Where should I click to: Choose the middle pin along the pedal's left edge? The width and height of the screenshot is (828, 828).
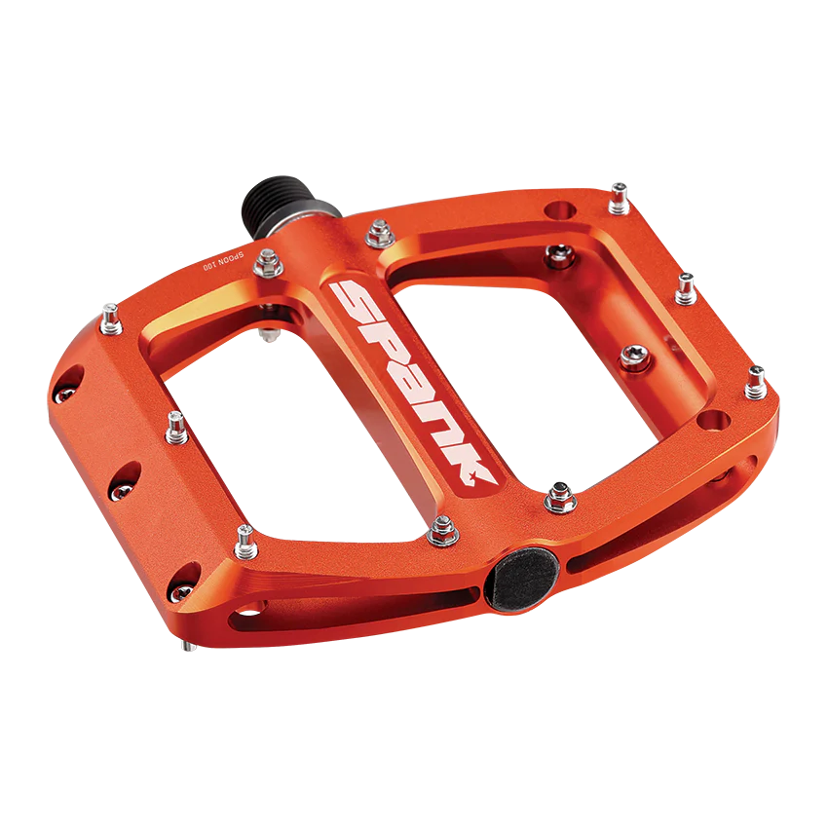176,423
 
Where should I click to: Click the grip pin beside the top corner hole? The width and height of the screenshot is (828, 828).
619,199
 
